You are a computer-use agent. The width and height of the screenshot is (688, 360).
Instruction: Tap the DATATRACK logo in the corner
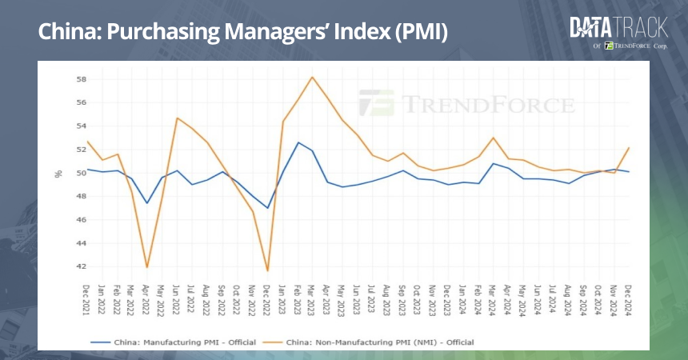pos(618,29)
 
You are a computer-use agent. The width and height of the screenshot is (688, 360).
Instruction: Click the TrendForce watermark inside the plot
pos(466,104)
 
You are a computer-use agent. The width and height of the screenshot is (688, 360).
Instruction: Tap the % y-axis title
pos(58,173)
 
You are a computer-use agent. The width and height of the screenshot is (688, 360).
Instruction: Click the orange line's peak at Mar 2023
pos(312,77)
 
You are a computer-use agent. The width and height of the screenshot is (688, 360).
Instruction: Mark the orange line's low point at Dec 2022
pos(267,270)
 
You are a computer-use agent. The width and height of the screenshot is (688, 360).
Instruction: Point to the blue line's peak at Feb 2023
pos(298,142)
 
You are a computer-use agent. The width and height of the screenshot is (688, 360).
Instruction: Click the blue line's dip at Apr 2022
pos(147,202)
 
